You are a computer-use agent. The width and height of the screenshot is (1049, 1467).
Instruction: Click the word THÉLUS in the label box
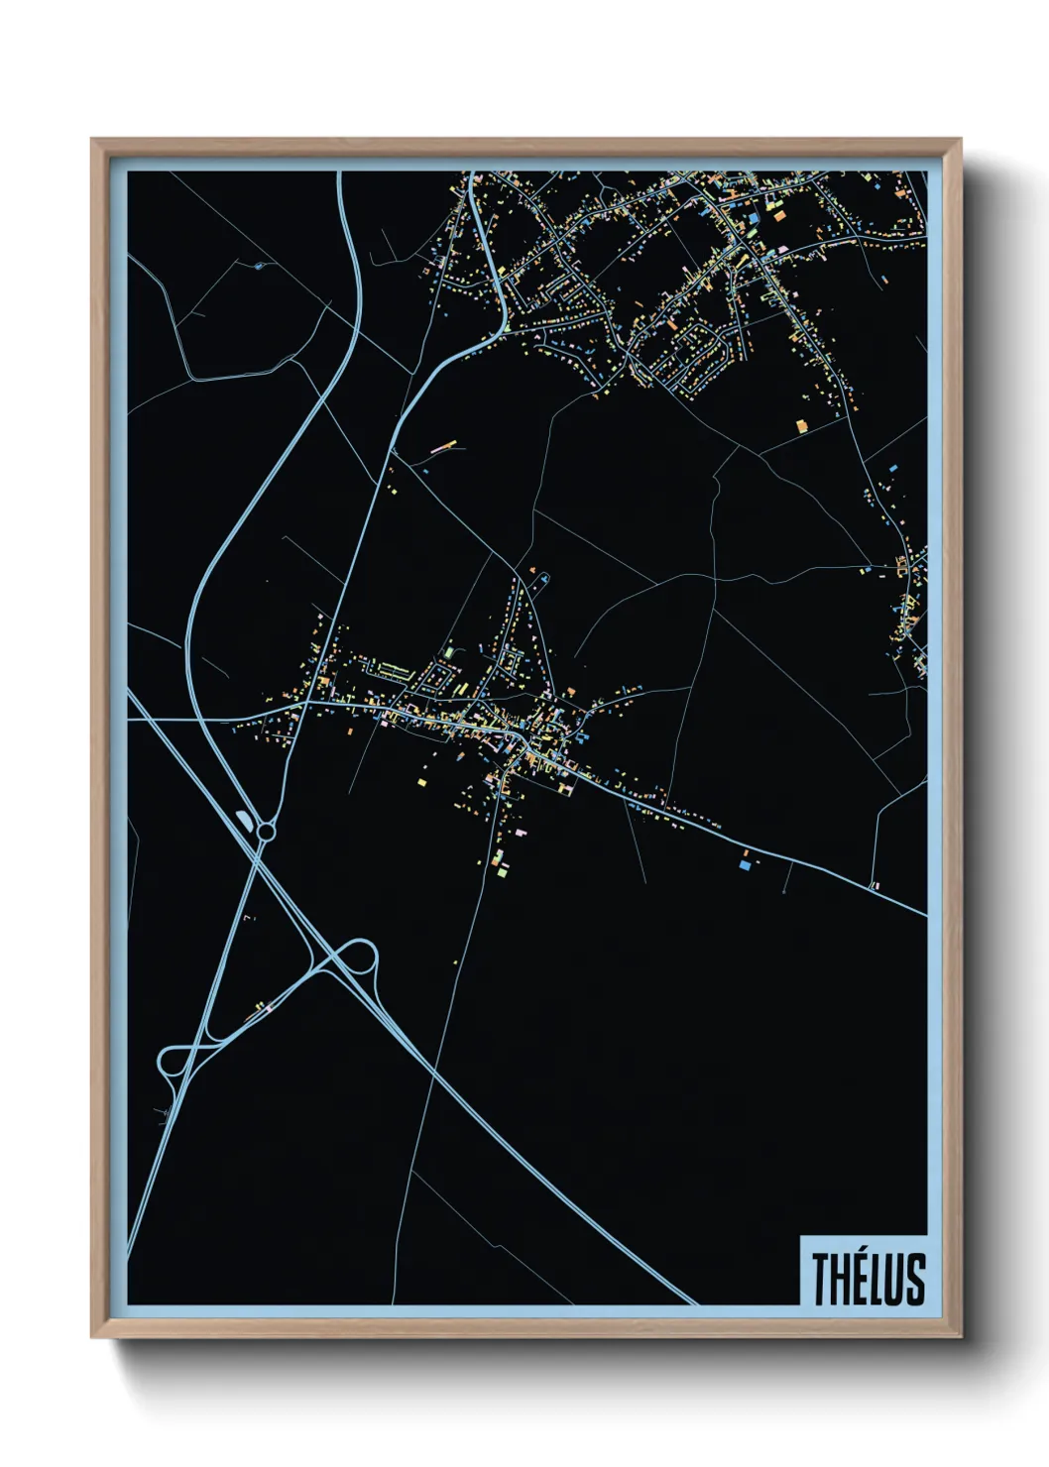869,1278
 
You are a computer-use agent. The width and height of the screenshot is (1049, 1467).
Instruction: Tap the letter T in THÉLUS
822,1278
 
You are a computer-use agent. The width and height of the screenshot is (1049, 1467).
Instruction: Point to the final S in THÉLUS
914,1278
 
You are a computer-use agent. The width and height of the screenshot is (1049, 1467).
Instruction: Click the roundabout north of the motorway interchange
266,831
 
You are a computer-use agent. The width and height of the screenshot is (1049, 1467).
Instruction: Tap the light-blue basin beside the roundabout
244,819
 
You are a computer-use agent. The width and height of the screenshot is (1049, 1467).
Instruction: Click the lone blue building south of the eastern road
744,865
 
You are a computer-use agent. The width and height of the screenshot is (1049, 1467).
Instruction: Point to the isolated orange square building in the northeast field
802,425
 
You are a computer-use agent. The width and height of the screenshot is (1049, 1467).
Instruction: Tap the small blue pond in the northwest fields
259,265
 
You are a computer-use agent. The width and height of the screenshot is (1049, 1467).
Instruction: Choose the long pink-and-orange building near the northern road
443,449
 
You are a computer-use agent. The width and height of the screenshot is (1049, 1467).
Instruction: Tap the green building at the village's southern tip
502,871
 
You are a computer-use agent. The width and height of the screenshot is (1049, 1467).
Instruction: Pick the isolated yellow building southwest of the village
420,782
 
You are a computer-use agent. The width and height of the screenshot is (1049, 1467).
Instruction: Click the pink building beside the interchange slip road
265,1008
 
